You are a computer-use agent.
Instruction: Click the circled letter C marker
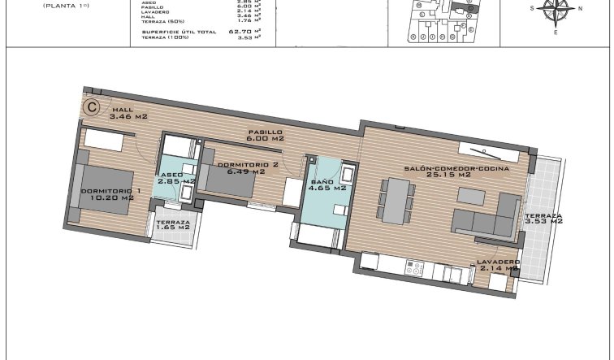tap(93, 105)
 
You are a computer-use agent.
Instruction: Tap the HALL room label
tap(123, 109)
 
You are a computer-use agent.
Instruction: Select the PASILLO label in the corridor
tap(266, 132)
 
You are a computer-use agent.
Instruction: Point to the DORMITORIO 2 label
tap(249, 165)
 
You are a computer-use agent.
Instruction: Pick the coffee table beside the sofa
tap(473, 195)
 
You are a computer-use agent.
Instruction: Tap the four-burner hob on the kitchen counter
tap(417, 265)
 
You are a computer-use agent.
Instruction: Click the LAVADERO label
tap(499, 262)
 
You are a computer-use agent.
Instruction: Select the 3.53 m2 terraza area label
tap(543, 218)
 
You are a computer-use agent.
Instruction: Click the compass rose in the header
tap(556, 12)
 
